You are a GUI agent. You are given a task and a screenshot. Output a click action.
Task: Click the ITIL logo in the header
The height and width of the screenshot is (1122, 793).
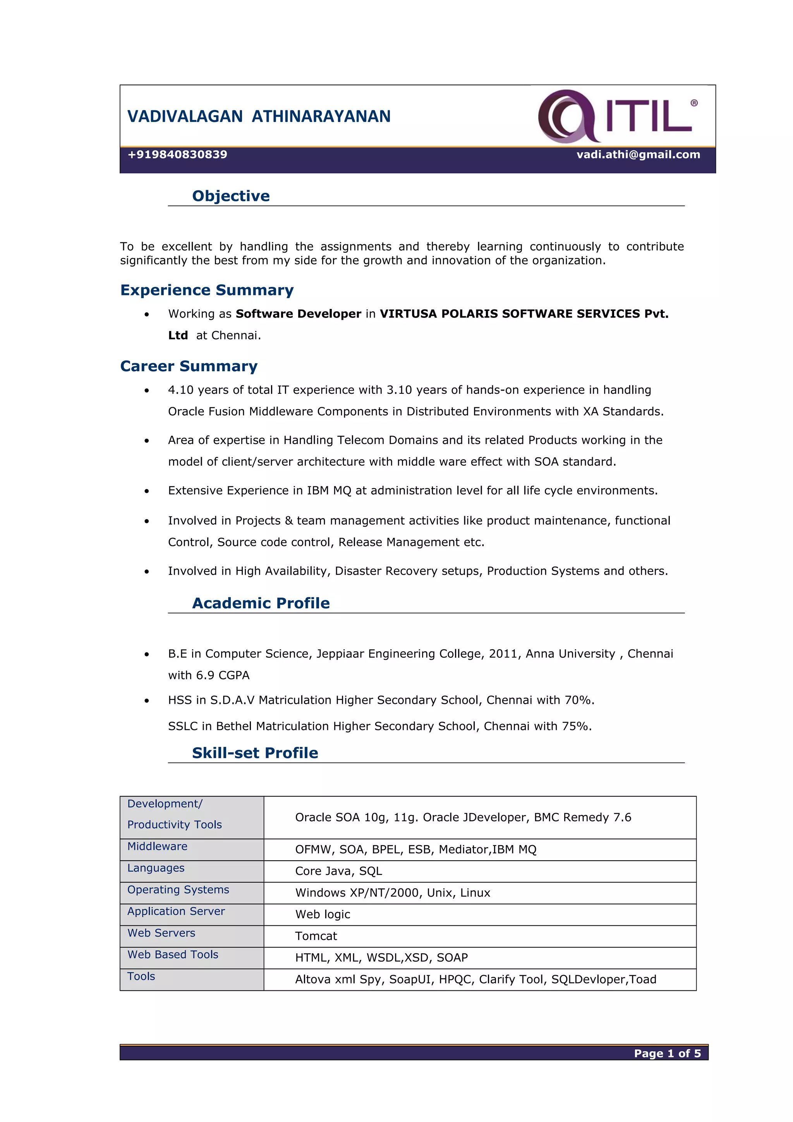pyautogui.click(x=618, y=116)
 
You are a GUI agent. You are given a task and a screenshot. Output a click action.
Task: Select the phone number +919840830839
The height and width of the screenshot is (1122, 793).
pyautogui.click(x=177, y=155)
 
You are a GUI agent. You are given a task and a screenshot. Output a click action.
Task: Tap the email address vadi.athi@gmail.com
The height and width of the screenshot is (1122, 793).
pyautogui.click(x=638, y=155)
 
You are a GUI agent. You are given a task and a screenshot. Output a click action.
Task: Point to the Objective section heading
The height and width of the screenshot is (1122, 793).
pyautogui.click(x=231, y=196)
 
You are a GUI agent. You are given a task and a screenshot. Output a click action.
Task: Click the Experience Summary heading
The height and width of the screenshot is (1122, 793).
pyautogui.click(x=207, y=290)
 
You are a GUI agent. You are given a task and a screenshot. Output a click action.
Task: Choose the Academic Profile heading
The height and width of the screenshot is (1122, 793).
pyautogui.click(x=261, y=604)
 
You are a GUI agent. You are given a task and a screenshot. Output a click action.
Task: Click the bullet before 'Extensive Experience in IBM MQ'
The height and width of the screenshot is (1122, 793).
pyautogui.click(x=147, y=492)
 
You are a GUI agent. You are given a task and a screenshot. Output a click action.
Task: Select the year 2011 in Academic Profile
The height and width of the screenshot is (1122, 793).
pyautogui.click(x=503, y=654)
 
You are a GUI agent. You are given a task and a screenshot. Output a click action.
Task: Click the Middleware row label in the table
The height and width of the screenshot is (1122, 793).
pyautogui.click(x=157, y=847)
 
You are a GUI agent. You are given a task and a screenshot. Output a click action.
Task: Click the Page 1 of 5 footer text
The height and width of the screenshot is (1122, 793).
pyautogui.click(x=666, y=1053)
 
